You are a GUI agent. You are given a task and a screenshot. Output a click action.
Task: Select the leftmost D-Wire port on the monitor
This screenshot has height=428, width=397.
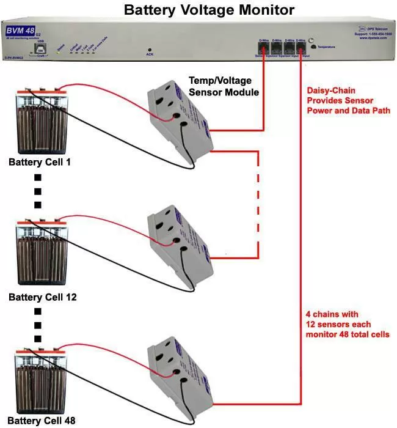pos(264,46)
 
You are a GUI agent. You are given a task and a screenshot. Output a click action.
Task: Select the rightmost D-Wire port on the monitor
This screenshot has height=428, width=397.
pos(300,46)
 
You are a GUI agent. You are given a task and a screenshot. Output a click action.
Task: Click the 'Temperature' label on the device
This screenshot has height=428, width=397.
pos(330,46)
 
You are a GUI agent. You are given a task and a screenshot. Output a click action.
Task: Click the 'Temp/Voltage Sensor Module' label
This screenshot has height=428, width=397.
pos(223,87)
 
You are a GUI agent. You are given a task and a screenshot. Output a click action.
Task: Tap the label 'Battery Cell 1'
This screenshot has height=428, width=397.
pos(40,163)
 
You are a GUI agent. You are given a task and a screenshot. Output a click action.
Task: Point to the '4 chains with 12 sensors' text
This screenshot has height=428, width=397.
pos(346,324)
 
